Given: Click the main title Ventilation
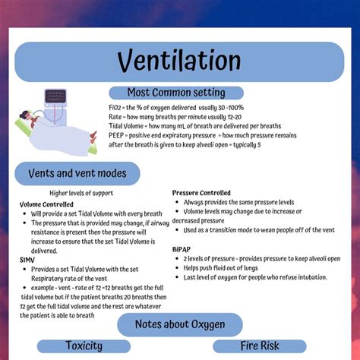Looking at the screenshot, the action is point(179,62).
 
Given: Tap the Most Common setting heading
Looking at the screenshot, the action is point(175,93).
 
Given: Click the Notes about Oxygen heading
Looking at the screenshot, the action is point(180,324).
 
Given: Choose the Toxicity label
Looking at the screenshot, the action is point(84,346).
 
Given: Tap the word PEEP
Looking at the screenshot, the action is point(119,134).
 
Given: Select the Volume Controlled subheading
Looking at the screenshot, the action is point(46,204).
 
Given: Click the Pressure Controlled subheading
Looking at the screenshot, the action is point(201,193).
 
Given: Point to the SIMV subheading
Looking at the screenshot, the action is point(27,259).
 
